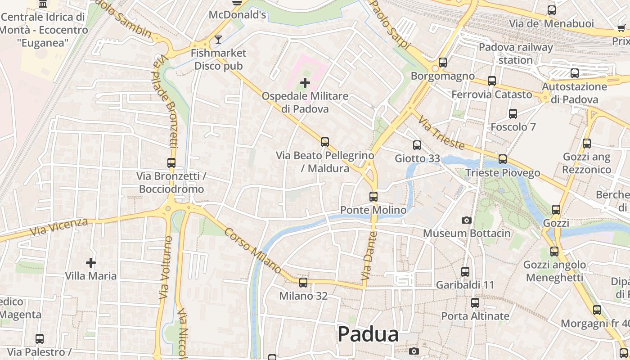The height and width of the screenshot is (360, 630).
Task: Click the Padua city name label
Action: click(x=368, y=334)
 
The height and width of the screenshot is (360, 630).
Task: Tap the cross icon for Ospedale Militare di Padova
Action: click(x=305, y=83)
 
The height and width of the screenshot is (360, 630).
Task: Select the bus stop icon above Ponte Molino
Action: click(x=373, y=197)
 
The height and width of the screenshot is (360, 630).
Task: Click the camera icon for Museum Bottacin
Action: click(x=467, y=220)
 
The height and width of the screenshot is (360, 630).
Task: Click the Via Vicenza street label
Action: click(x=59, y=227)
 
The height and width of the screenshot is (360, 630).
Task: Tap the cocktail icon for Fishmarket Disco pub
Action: click(x=218, y=40)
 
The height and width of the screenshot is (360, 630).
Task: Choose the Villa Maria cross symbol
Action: click(x=91, y=262)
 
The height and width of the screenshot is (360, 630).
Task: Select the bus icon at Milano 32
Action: click(x=303, y=283)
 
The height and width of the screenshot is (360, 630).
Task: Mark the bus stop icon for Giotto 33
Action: click(x=417, y=145)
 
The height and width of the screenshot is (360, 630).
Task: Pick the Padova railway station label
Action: click(x=516, y=54)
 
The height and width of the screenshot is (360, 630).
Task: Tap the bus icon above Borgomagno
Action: click(x=443, y=63)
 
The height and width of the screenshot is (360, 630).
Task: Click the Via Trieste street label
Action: click(x=441, y=133)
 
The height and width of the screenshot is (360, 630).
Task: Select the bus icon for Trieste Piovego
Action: click(x=503, y=159)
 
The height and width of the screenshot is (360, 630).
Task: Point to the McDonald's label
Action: click(x=238, y=15)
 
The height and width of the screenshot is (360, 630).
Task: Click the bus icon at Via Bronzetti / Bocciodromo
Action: click(x=171, y=163)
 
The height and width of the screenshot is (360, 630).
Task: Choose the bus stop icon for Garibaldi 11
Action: click(x=465, y=272)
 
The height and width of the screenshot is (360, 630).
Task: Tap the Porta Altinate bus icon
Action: click(x=475, y=303)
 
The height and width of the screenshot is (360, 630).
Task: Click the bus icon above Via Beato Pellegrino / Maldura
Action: click(x=325, y=142)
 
